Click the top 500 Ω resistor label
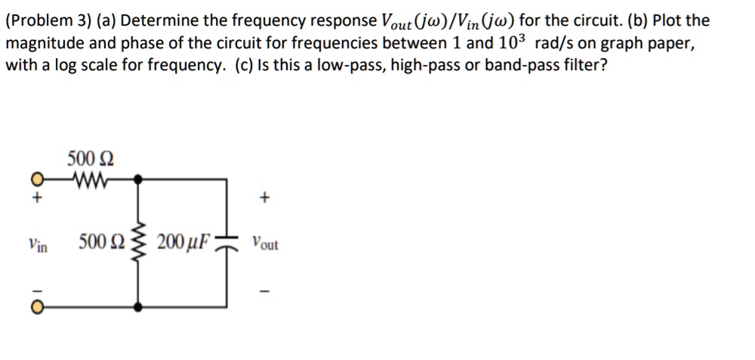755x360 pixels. [x=91, y=159]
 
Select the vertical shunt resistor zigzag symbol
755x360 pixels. [x=137, y=243]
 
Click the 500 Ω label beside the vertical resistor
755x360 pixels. [x=99, y=242]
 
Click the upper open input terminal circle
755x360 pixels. [x=35, y=180]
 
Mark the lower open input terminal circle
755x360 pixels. [x=35, y=306]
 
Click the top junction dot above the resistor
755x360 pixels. [x=137, y=180]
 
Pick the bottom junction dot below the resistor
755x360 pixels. [x=137, y=306]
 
